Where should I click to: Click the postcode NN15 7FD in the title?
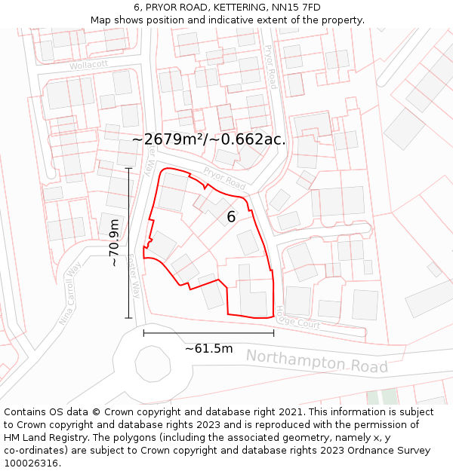coord(294,8)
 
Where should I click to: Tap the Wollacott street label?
coord(88,65)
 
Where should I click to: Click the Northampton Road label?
coord(316,361)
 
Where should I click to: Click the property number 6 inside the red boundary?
coord(231,217)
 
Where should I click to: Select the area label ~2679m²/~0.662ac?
coord(209,139)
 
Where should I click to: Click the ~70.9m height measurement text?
coord(113,243)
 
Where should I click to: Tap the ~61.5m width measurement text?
coord(208,348)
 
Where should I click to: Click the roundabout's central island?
coord(152,365)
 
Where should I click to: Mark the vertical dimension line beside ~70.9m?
coord(128,243)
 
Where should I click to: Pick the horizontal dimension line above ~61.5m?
coord(208,332)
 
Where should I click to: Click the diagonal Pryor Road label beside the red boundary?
coord(224,179)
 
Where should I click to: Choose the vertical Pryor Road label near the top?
coord(270,66)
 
